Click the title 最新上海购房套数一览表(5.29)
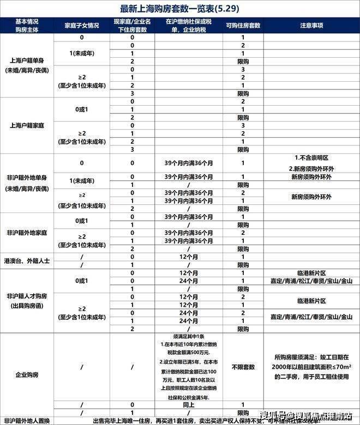pos(179,9)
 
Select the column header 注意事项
pos(311,25)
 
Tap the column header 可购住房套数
pos(243,25)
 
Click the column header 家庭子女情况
pos(82,25)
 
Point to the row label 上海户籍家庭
pos(27,125)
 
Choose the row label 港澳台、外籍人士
pos(27,260)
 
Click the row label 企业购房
pos(27,375)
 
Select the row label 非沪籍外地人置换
pos(27,421)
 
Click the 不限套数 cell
pos(243,367)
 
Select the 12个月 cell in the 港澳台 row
pos(188,257)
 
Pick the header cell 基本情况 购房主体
pos(27,25)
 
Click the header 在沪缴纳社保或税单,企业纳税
pos(188,25)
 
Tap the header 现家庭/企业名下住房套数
pos(133,25)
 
